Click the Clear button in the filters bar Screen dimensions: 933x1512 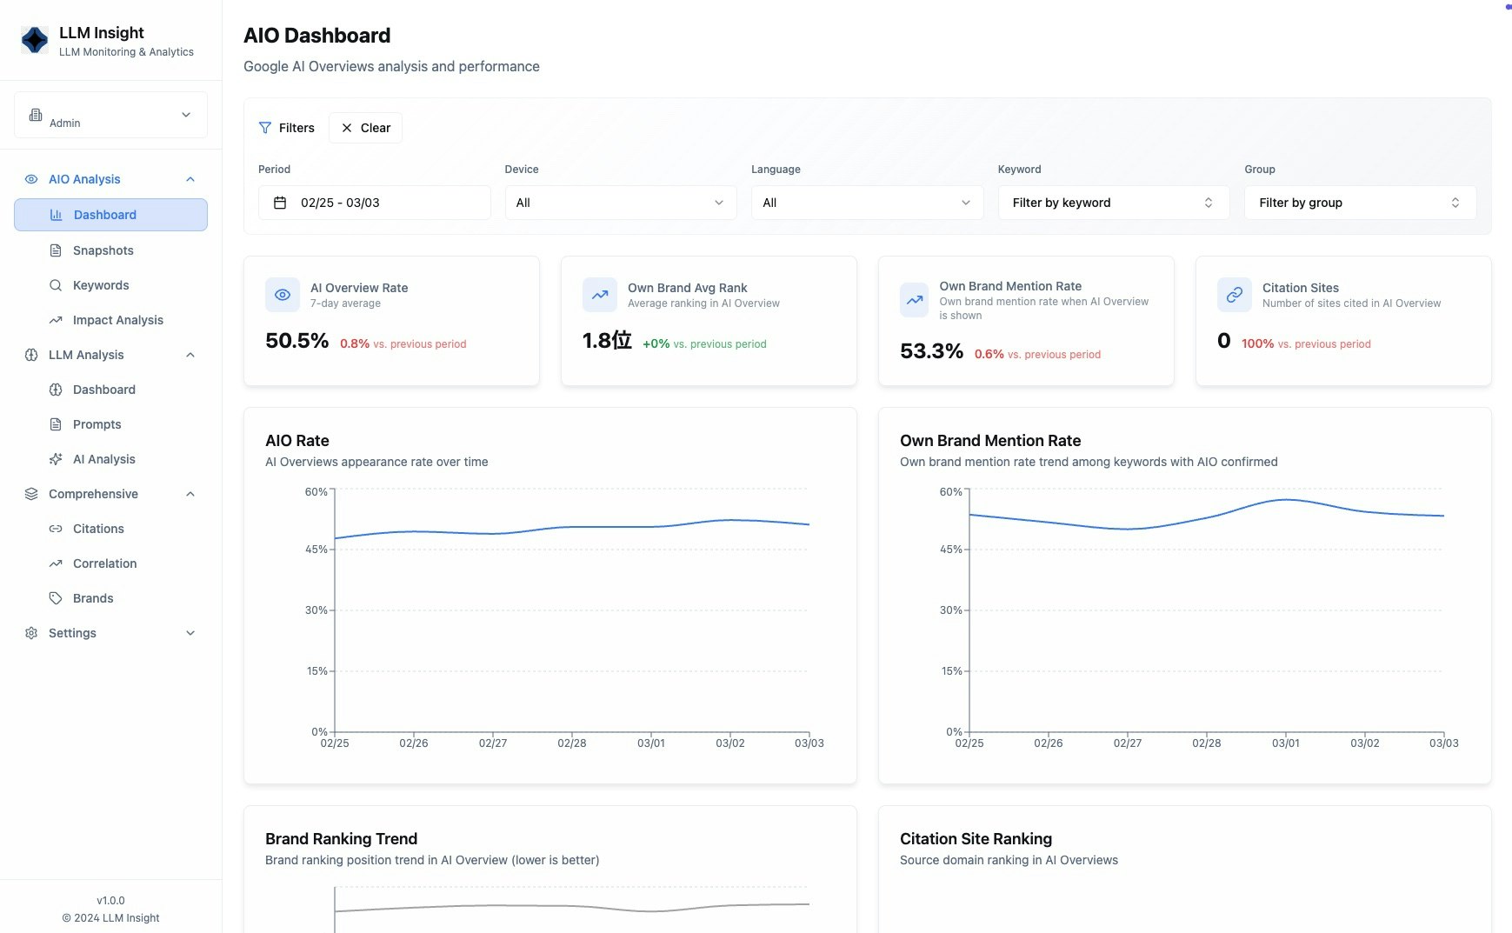click(365, 128)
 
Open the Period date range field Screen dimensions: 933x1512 click(374, 203)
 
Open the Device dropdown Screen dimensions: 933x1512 click(620, 203)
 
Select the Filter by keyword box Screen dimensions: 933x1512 click(1113, 203)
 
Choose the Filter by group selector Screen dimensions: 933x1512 click(1360, 203)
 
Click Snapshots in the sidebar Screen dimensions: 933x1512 click(103, 250)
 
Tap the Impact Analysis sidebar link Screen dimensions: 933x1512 click(117, 320)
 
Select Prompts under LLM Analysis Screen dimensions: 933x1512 click(97, 424)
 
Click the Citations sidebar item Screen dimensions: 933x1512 click(98, 529)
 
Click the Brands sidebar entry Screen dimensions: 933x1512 click(93, 598)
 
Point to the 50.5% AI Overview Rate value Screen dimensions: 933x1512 click(296, 341)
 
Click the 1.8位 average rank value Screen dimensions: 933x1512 click(607, 341)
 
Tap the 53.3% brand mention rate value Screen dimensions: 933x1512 click(931, 351)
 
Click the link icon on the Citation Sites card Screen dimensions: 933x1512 click(1234, 295)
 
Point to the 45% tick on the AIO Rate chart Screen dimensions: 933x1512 click(316, 550)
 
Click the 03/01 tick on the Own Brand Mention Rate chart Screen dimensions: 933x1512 click(1285, 743)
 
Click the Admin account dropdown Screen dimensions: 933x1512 click(110, 115)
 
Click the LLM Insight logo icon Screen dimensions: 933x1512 click(35, 40)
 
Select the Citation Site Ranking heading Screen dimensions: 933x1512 click(976, 839)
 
